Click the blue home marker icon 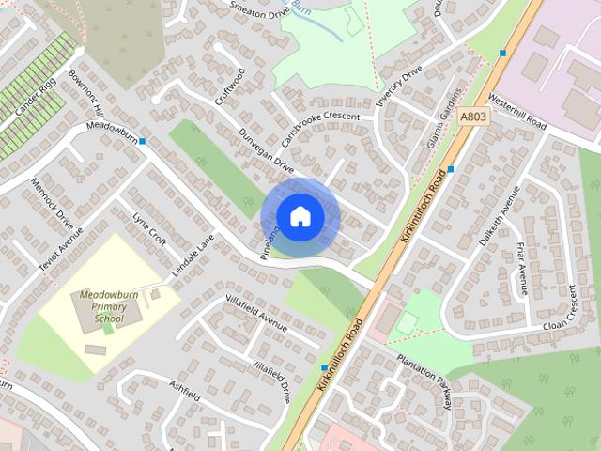click(300, 217)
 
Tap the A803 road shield click(473, 116)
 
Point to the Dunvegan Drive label click(266, 151)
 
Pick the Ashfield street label click(184, 389)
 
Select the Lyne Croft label click(149, 228)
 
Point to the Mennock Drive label click(52, 204)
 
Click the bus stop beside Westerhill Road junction click(503, 53)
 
